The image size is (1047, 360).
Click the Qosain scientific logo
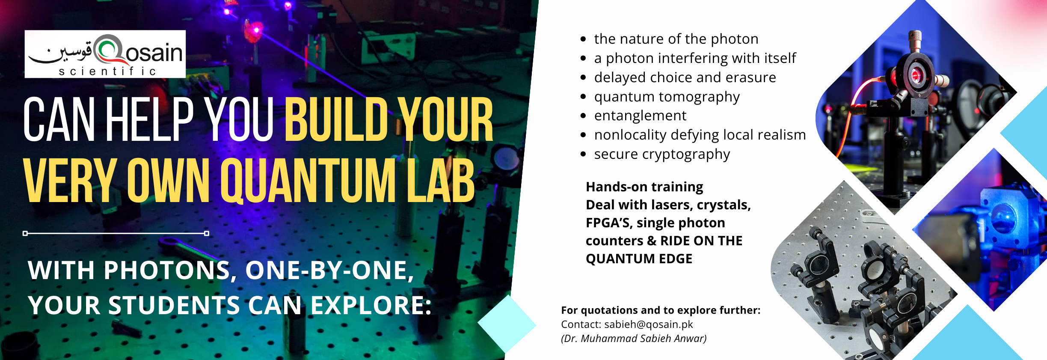(105, 54)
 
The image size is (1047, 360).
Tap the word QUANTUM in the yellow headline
(308, 181)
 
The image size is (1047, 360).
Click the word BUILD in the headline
(336, 119)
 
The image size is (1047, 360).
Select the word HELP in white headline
(150, 119)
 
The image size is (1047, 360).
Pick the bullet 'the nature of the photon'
(676, 39)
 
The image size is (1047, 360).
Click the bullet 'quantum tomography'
(667, 97)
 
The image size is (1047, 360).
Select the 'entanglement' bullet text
(640, 116)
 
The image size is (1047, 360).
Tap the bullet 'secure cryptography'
(662, 155)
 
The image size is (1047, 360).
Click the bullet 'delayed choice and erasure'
(685, 77)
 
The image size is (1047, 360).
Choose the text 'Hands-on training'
(644, 187)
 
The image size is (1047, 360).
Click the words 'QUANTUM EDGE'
(639, 259)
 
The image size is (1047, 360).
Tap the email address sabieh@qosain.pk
(649, 324)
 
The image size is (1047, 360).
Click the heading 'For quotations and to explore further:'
(661, 310)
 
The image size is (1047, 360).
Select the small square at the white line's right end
(207, 233)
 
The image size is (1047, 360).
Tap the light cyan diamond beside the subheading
(507, 324)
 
